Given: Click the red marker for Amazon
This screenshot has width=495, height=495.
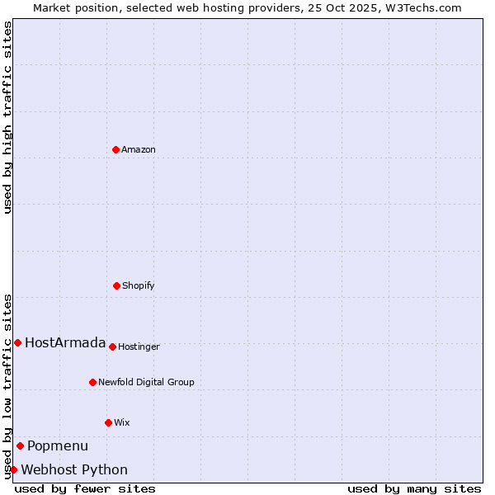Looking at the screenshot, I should tap(115, 149).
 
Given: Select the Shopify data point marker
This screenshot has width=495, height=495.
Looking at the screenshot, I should tap(116, 285).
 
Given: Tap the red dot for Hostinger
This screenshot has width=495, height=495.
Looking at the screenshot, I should tap(112, 346).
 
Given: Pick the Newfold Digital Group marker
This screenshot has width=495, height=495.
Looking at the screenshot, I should tap(92, 382).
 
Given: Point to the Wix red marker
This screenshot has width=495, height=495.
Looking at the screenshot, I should tap(108, 422).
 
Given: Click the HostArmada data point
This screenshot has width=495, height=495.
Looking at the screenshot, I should tap(17, 342).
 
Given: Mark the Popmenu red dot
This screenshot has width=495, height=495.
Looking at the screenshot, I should tap(20, 445).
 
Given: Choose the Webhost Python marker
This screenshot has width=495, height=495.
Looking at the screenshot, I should tap(13, 469).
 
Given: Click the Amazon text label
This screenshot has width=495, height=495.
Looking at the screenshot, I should tap(138, 149).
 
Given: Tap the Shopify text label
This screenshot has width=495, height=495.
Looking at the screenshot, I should tap(138, 285).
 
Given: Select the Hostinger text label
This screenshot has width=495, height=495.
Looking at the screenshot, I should tap(139, 346).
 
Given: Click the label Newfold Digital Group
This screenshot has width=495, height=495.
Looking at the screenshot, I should tap(146, 382).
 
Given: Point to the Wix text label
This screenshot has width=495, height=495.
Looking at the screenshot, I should tap(121, 422).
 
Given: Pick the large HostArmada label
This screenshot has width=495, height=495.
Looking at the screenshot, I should tap(65, 343).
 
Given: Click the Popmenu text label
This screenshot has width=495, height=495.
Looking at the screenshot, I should tap(57, 446).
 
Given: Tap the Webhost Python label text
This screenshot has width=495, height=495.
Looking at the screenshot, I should tap(74, 470).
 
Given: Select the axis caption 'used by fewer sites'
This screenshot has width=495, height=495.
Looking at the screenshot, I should tap(85, 488).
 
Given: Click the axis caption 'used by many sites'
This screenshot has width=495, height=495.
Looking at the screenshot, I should tap(414, 488).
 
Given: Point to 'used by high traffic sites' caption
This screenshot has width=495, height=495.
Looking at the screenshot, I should tap(7, 117).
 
